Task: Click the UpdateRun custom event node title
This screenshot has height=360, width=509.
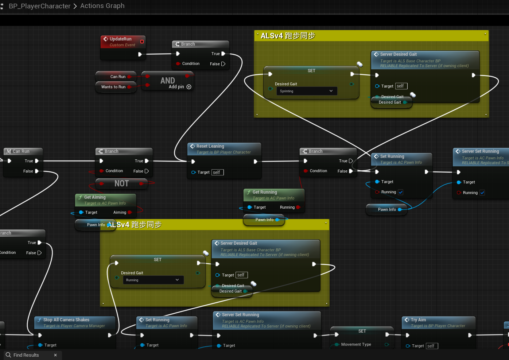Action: (120, 39)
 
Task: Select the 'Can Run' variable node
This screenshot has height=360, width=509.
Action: (117, 77)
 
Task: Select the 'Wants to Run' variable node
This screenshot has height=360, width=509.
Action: (113, 87)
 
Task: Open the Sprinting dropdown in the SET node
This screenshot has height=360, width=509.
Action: (306, 91)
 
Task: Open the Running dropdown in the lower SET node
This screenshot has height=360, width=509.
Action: (152, 280)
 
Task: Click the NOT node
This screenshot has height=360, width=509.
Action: (121, 183)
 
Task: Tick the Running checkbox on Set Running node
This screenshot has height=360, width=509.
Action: (401, 192)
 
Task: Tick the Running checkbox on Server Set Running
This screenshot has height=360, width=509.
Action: (482, 193)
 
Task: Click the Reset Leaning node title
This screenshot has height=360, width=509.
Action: (210, 146)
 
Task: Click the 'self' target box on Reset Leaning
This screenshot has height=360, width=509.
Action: (217, 172)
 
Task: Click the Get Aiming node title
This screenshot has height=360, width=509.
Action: (95, 197)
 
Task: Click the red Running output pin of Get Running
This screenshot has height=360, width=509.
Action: (298, 207)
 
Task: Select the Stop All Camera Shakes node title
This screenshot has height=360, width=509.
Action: (66, 320)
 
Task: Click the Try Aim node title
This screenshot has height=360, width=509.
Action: (418, 320)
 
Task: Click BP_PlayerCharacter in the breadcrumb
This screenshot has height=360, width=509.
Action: (39, 6)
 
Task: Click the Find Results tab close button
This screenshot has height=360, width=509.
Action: (55, 355)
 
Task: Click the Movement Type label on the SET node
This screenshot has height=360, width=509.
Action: (356, 344)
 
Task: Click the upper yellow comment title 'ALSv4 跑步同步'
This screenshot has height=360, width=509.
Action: (288, 36)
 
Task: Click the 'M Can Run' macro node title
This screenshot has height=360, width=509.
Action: (21, 151)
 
